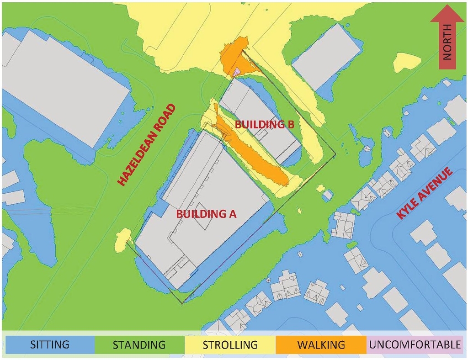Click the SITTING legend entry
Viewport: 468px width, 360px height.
point(50,344)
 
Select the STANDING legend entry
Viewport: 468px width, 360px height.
point(139,344)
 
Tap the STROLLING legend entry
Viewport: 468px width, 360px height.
point(230,344)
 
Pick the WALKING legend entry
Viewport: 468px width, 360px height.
point(321,344)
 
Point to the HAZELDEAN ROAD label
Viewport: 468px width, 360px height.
point(146,145)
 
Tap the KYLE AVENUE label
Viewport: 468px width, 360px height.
point(425,193)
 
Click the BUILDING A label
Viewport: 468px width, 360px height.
point(206,213)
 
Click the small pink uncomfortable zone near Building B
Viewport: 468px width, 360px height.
point(237,72)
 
